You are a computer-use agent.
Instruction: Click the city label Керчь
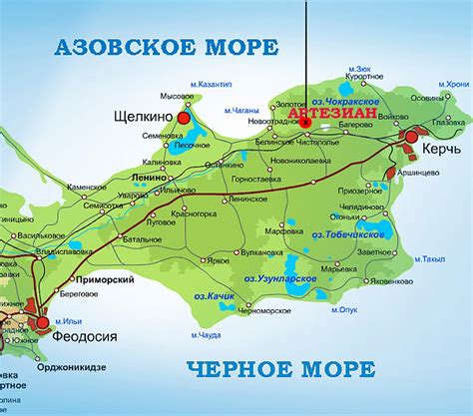pyautogui.click(x=440, y=148)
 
